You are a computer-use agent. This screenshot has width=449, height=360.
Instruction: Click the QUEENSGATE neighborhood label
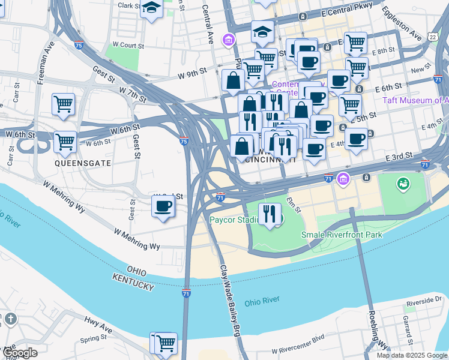click(76, 163)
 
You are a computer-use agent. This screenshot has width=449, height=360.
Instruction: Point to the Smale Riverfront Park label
click(342, 235)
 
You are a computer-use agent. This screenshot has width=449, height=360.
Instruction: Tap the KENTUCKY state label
click(133, 282)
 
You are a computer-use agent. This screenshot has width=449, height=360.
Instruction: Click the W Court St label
click(128, 45)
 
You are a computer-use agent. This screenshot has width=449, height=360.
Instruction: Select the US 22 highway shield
click(433, 37)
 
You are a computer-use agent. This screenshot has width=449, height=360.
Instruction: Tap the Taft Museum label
click(415, 100)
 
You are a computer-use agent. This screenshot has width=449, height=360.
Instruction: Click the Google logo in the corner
click(19, 353)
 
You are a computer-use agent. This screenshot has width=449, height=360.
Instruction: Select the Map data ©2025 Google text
click(411, 355)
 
